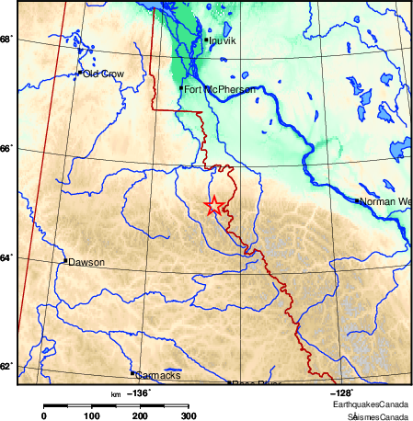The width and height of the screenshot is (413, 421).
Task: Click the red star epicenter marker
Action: (x=213, y=206)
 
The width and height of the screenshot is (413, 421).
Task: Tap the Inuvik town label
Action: (x=223, y=41)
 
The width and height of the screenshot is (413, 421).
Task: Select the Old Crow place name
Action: (x=103, y=74)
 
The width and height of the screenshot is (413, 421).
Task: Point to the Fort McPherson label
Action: (x=219, y=89)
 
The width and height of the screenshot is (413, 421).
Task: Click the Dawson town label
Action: (x=86, y=262)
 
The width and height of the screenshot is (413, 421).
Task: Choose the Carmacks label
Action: (x=157, y=376)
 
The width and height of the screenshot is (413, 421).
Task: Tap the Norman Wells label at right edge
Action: (x=385, y=200)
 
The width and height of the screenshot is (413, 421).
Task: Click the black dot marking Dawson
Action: (x=65, y=261)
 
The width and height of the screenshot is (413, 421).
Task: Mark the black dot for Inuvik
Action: (x=204, y=39)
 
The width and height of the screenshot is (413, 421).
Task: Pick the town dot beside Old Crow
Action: (x=81, y=72)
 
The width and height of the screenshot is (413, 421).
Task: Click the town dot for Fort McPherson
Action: (x=181, y=87)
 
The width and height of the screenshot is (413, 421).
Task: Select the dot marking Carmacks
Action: (x=132, y=372)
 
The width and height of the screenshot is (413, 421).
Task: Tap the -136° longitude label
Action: (x=139, y=393)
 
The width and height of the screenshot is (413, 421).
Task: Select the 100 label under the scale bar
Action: (x=92, y=415)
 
